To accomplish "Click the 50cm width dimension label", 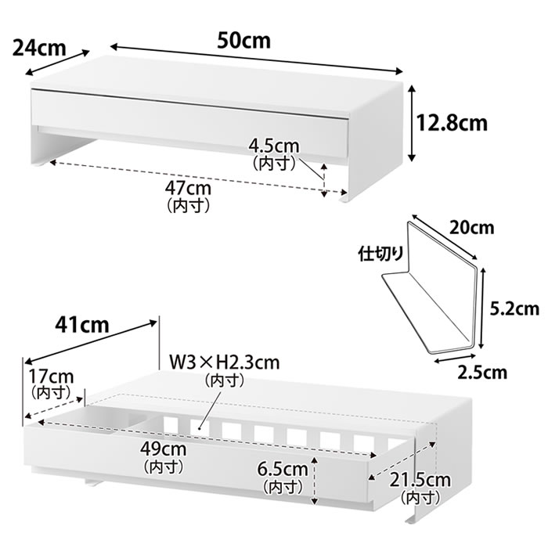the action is click(244, 41).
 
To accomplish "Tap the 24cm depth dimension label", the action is click(39, 48).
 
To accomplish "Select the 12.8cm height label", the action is click(452, 123).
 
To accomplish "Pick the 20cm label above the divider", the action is click(471, 229).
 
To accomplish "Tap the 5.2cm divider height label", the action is click(514, 309).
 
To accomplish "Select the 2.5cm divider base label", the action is click(482, 373).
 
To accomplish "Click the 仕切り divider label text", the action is click(380, 254).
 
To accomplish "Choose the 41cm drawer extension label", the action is click(82, 326).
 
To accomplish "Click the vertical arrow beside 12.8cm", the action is click(413, 123).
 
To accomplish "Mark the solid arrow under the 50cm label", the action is click(257, 59).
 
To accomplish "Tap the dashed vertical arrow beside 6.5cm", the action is click(315, 481).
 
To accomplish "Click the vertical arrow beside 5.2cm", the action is click(483, 308).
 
